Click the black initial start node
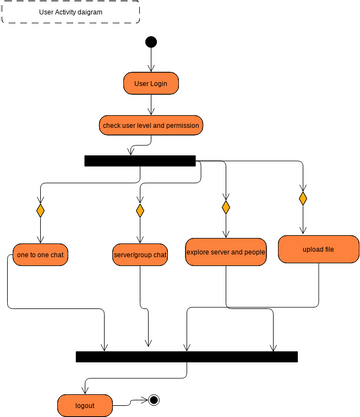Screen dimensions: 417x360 [151, 42]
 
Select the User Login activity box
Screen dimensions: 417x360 [151, 83]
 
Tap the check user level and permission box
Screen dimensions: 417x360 [151, 125]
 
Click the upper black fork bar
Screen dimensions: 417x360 [140, 160]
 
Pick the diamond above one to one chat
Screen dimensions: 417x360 [40, 211]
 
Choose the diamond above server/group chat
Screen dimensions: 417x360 [140, 211]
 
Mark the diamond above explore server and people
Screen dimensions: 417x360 [226, 206]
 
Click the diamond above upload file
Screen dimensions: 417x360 [303, 199]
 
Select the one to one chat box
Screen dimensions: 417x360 [40, 256]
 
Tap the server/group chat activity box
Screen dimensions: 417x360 [140, 256]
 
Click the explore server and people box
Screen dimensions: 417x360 [226, 252]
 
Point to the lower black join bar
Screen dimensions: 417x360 [186, 356]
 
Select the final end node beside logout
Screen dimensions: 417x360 [154, 400]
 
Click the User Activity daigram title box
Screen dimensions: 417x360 [70, 13]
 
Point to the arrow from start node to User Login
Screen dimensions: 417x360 [151, 60]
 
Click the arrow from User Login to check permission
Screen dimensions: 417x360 [151, 104]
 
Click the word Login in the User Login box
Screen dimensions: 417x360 [158, 83]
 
